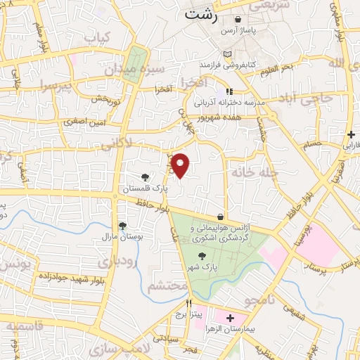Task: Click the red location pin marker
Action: pyautogui.click(x=181, y=165)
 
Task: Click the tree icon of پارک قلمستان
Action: pyautogui.click(x=145, y=177)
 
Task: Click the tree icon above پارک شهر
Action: pyautogui.click(x=202, y=257)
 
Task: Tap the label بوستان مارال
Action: pyautogui.click(x=123, y=237)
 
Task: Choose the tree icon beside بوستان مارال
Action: pyautogui.click(x=123, y=226)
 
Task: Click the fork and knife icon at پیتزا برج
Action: pyautogui.click(x=188, y=303)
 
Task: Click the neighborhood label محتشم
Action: pyautogui.click(x=167, y=286)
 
